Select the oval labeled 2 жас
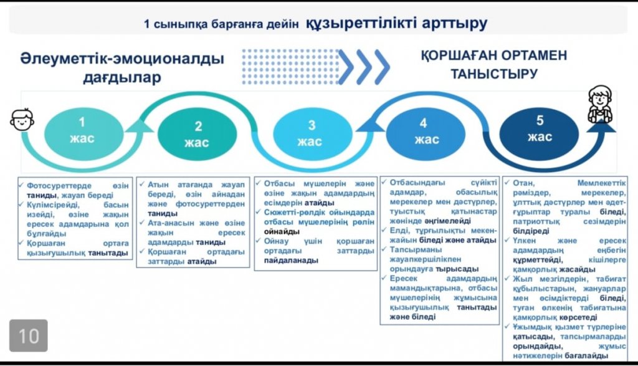tap(198, 134)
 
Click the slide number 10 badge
tap(29, 336)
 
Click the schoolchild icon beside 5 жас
tap(600, 104)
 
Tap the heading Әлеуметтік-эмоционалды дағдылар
tap(122, 68)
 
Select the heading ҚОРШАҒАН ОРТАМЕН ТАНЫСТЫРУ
tap(493, 64)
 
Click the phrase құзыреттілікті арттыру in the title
tap(396, 24)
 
